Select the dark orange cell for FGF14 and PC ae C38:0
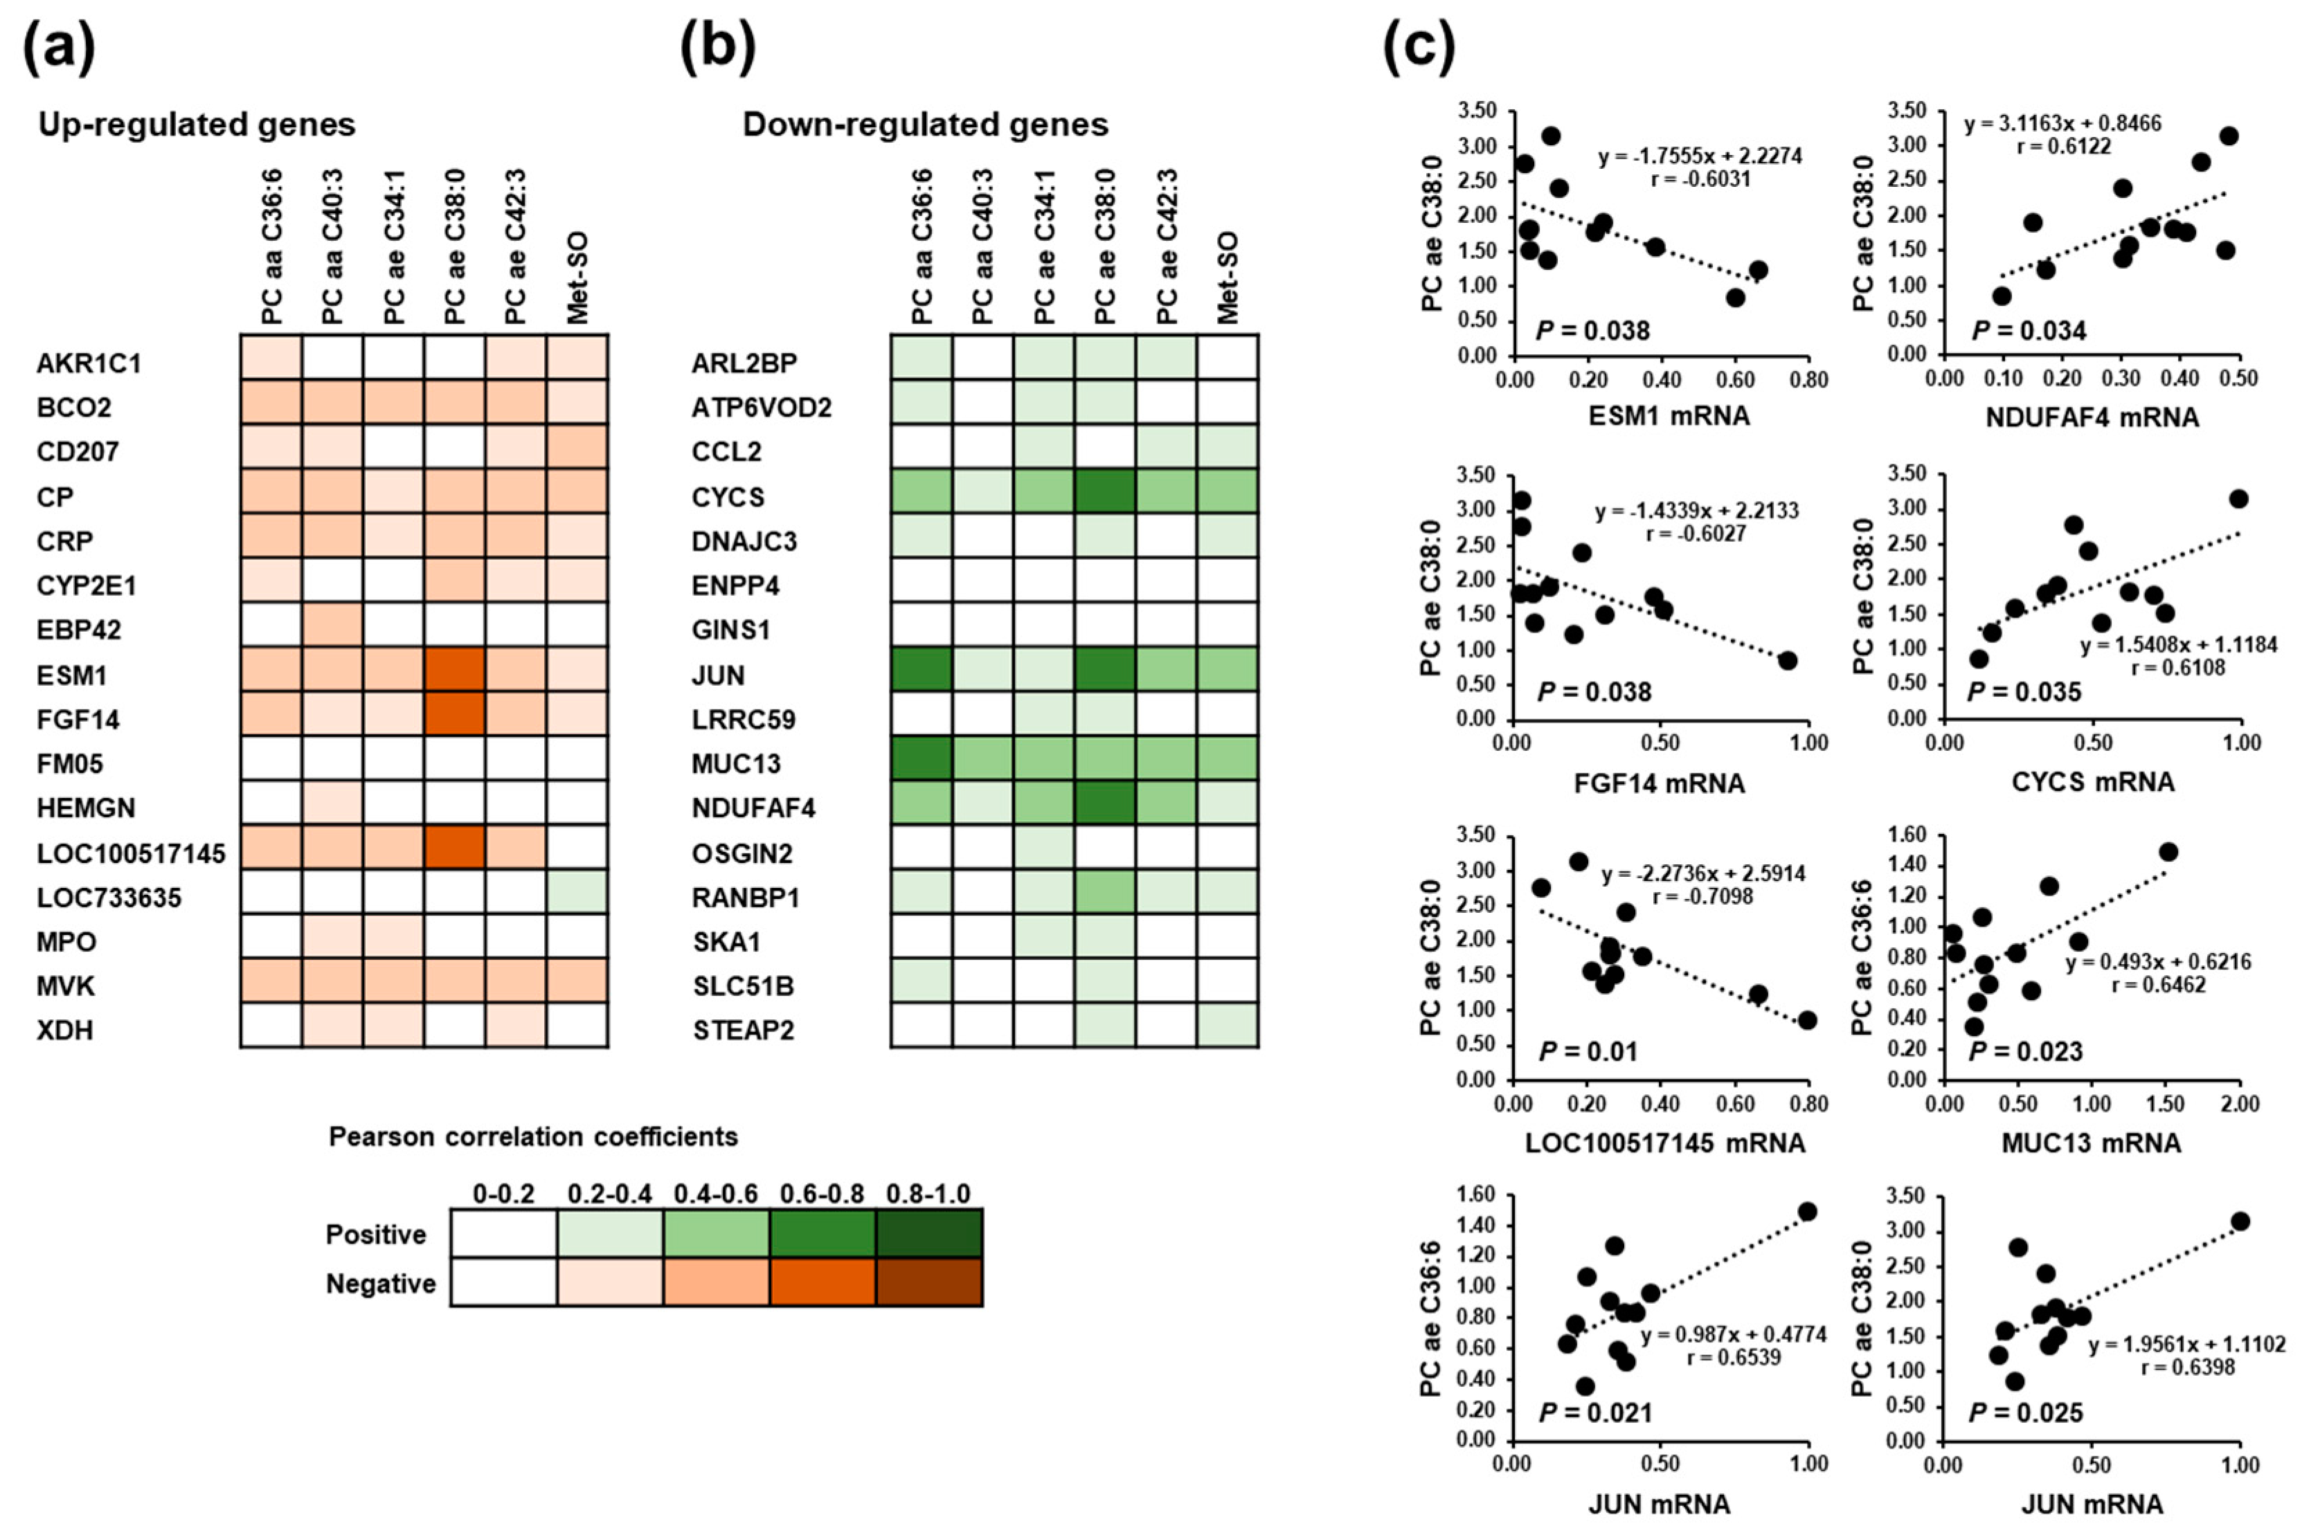[x=454, y=713]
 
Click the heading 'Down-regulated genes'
[x=926, y=125]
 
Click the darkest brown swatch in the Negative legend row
[x=929, y=1282]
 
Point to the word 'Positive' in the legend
[x=376, y=1235]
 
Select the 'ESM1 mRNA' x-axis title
[x=1669, y=416]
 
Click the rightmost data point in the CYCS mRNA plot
[x=2238, y=499]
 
